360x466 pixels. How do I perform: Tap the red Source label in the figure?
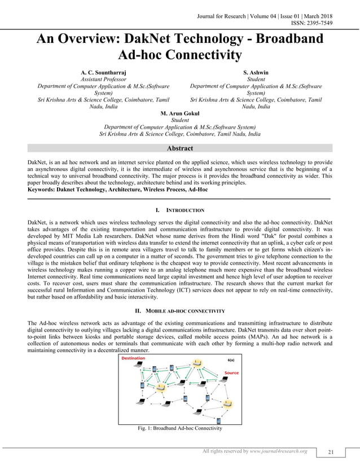[231, 373]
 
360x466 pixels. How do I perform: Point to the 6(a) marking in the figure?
[231, 359]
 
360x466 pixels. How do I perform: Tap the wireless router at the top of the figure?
[195, 362]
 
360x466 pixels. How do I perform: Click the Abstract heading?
[179, 148]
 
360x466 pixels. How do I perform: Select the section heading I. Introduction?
[179, 210]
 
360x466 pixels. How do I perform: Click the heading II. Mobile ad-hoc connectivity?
[179, 311]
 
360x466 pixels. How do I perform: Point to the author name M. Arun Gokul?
[179, 113]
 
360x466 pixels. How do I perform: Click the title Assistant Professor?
[103, 80]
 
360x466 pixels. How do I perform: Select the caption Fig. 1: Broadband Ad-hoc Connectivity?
[180, 428]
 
